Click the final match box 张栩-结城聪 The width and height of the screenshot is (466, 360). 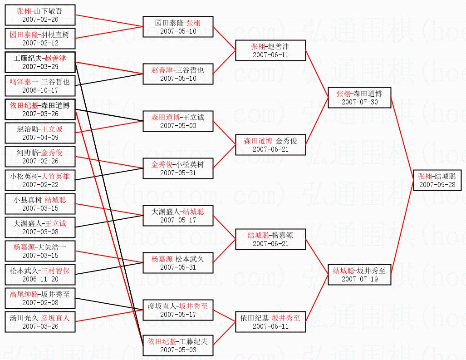(x=437, y=180)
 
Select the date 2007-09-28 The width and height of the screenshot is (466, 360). (x=437, y=185)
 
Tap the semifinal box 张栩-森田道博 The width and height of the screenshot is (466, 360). (x=359, y=98)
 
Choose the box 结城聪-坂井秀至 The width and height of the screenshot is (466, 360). (x=359, y=275)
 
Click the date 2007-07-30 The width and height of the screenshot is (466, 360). (x=360, y=102)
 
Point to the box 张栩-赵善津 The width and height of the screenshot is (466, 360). (x=270, y=50)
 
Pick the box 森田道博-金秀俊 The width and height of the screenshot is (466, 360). (x=270, y=145)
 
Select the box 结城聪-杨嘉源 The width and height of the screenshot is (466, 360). (x=270, y=239)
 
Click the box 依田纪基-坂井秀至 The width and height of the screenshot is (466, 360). (x=270, y=322)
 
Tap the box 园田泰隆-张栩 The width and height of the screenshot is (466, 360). (x=178, y=27)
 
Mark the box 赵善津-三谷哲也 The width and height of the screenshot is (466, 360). (x=178, y=74)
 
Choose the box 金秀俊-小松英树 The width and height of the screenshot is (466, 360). (x=178, y=168)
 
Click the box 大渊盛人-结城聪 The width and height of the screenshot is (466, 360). (x=178, y=216)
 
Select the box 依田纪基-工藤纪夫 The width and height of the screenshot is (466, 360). (x=178, y=345)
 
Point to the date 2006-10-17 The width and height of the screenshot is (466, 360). (x=40, y=90)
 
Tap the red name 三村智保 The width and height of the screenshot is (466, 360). (x=55, y=271)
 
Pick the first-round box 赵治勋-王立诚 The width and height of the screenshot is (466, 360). (x=40, y=133)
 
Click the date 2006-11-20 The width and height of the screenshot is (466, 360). (x=40, y=279)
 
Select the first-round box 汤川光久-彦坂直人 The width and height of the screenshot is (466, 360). (x=40, y=322)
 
